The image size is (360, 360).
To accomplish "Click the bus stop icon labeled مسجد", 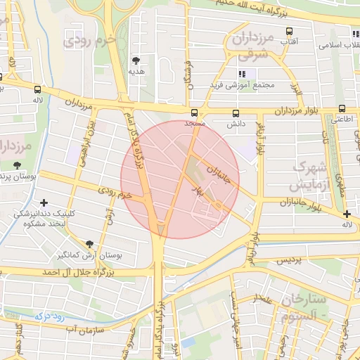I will (x=195, y=112).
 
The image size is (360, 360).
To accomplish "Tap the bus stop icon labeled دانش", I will (x=235, y=112).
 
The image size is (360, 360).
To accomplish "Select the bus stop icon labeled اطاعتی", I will (x=342, y=109).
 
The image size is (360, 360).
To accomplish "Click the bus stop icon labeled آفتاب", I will (x=288, y=32).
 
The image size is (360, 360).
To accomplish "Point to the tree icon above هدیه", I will (x=136, y=60).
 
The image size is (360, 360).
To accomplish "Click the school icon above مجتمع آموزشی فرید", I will (x=243, y=74).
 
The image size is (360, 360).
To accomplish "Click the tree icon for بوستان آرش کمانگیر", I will (x=89, y=245).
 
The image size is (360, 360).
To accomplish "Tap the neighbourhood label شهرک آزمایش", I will (x=309, y=176).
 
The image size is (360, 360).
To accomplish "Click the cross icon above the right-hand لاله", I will (x=346, y=214).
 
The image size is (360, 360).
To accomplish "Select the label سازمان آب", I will (x=84, y=328).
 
